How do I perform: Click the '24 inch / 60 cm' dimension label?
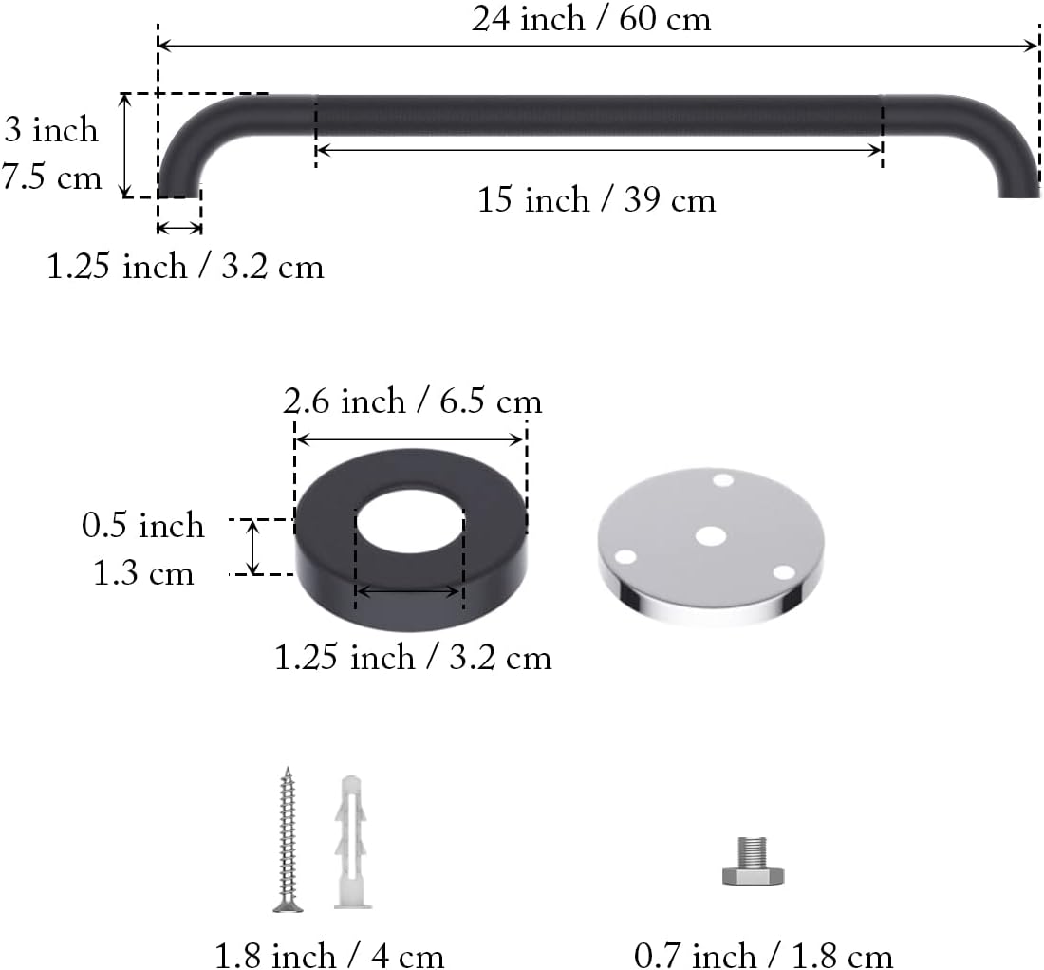590,19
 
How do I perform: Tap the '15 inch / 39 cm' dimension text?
596,200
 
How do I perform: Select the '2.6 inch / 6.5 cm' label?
412,401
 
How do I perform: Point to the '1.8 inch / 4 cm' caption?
329,953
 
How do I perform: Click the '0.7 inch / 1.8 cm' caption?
763,953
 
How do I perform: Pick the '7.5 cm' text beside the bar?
51,177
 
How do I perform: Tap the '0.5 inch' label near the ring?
142,525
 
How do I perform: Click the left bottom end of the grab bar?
178,190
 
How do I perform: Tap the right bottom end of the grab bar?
1018,190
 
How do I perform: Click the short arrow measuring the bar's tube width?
179,227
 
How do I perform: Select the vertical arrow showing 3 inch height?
125,145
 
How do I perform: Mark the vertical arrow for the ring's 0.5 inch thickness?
253,548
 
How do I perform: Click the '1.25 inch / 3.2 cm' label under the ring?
413,657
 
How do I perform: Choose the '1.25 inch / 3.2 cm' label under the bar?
186,267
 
